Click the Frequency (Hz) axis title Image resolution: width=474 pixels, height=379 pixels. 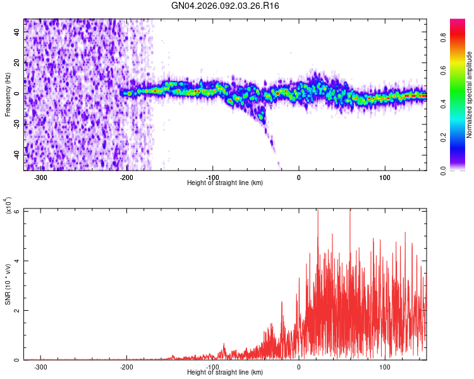point(8,95)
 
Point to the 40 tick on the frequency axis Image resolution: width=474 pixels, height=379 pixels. point(17,33)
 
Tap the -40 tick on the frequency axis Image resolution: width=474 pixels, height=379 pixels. point(15,155)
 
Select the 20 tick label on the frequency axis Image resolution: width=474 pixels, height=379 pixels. point(17,63)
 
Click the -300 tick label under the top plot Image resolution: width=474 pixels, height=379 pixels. point(40,177)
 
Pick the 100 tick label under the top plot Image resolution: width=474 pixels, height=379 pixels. point(384,177)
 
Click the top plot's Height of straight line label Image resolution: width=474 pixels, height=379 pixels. point(225,183)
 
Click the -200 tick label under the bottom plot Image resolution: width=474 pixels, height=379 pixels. point(126,366)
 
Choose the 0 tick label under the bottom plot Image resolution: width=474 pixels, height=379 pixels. point(299,366)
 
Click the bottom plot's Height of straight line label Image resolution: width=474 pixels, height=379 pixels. point(225,373)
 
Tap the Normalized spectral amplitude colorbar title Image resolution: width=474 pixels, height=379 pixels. point(470,95)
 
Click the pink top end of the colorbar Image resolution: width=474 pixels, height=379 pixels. point(458,23)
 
